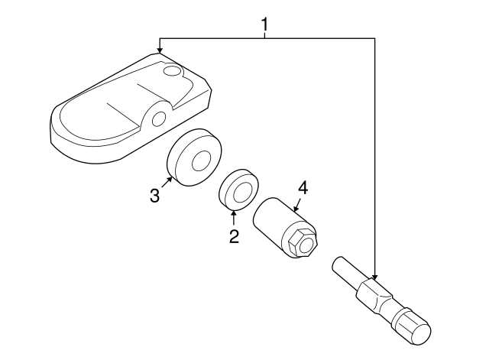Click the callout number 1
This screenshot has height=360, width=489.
[x=264, y=24]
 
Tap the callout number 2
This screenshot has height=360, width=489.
[x=234, y=236]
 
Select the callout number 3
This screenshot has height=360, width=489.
[x=154, y=196]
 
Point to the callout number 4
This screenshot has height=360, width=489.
[x=303, y=189]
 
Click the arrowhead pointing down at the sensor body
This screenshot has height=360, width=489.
[x=160, y=50]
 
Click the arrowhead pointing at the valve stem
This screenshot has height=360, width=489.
[x=374, y=277]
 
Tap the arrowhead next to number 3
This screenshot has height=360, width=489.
[x=170, y=179]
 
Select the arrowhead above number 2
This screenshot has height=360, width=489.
[x=234, y=212]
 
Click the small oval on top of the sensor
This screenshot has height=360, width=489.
[x=172, y=70]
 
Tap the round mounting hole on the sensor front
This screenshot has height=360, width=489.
[x=159, y=119]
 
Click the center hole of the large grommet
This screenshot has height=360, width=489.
[x=202, y=161]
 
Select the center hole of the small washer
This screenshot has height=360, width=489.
[x=242, y=192]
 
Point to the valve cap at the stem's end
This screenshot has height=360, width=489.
[x=412, y=326]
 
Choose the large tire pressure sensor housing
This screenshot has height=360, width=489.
[x=131, y=109]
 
